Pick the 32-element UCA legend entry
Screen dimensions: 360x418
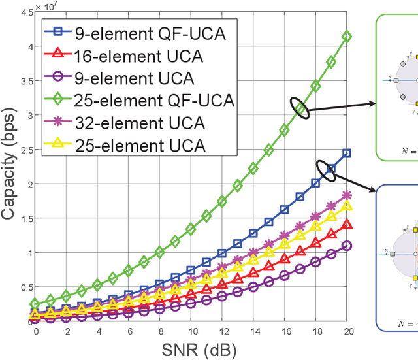click(x=117, y=123)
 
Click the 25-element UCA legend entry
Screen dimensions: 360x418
click(x=117, y=146)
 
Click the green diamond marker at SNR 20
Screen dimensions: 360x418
click(x=347, y=37)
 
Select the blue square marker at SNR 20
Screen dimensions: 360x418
click(x=347, y=153)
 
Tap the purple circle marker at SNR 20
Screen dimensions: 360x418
click(x=347, y=246)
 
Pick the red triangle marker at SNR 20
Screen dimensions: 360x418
click(x=347, y=225)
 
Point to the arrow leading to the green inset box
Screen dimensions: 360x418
click(x=340, y=106)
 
